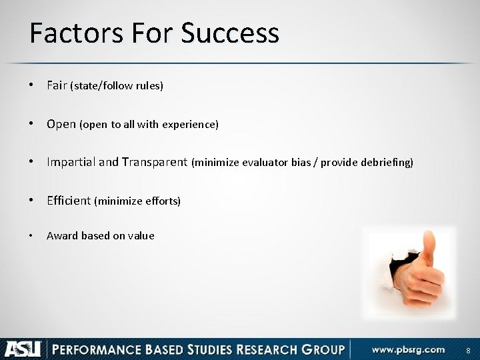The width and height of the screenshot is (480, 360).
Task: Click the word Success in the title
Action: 229,33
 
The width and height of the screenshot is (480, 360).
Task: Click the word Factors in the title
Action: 69,33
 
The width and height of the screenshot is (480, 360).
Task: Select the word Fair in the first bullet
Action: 57,85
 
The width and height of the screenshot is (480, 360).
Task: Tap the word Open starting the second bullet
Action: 61,124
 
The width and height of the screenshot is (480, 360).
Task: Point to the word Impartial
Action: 71,162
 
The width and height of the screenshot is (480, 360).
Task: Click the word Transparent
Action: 155,162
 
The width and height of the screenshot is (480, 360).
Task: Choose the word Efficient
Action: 68,200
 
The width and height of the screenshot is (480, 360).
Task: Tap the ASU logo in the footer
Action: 23,349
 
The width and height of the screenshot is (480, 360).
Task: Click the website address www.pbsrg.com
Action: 408,349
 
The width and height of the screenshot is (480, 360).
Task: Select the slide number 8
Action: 468,350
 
